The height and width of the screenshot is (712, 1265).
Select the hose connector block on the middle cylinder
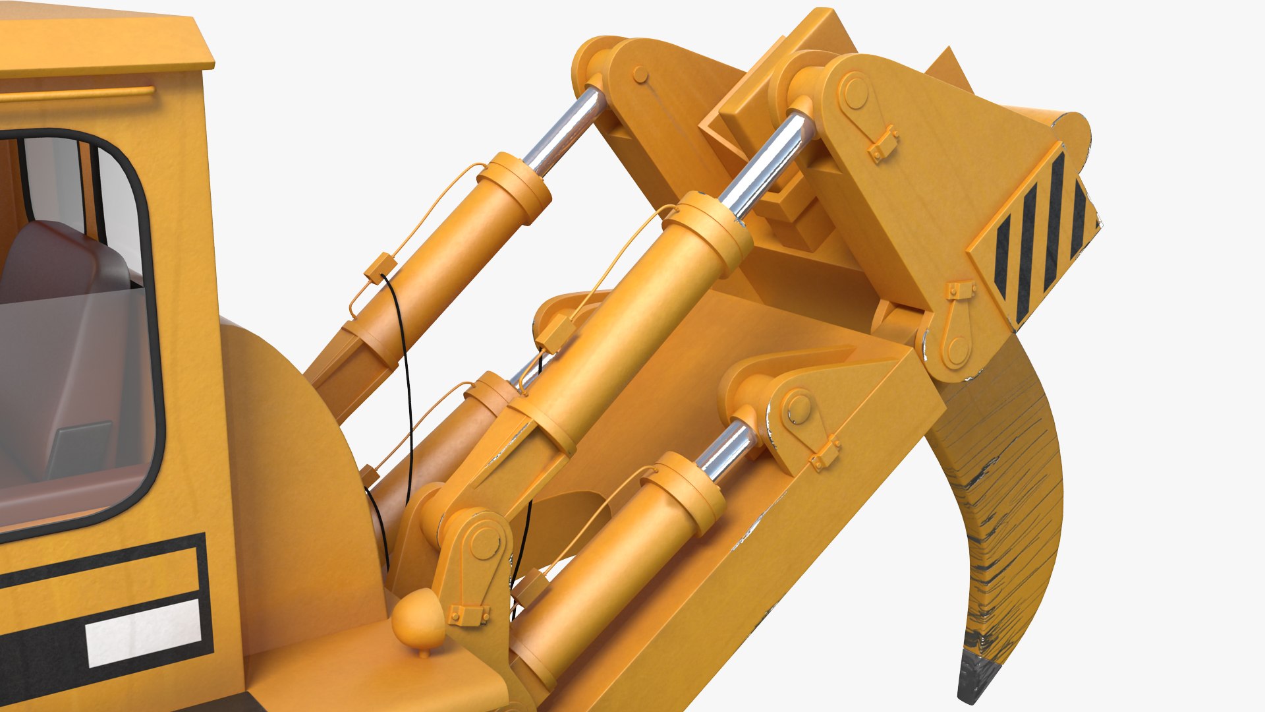553,333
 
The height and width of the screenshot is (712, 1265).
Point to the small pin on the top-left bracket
640,74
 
